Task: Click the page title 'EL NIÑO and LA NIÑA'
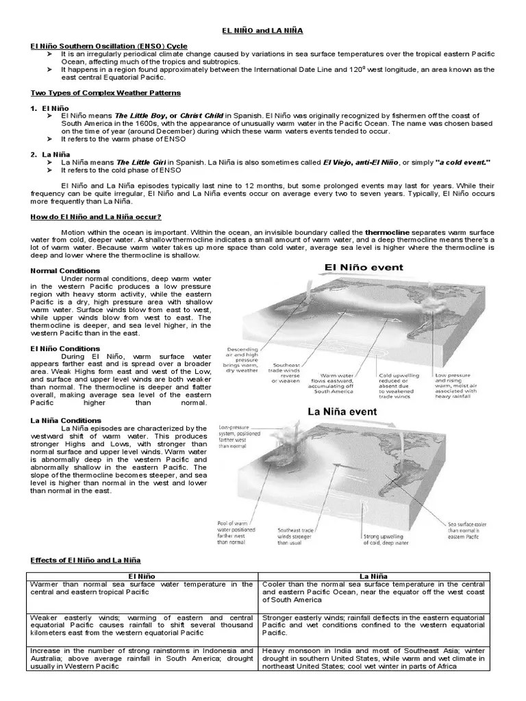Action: coord(262,31)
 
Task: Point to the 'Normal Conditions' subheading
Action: coord(64,270)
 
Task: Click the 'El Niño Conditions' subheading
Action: coord(65,348)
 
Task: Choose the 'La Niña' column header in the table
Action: coord(373,576)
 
